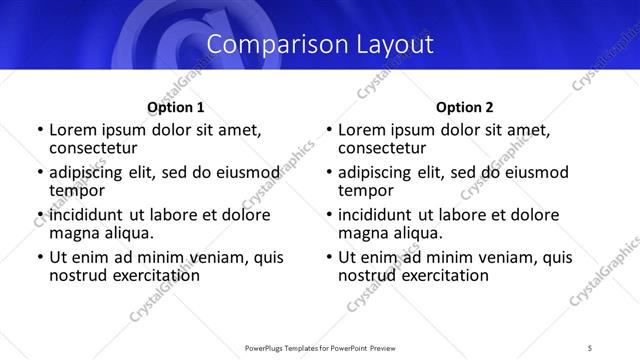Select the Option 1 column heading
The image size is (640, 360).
(x=176, y=107)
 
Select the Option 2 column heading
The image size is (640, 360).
(x=465, y=107)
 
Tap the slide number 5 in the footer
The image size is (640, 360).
(x=590, y=347)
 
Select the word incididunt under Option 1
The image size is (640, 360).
(x=86, y=214)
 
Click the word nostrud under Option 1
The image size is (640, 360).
(x=77, y=274)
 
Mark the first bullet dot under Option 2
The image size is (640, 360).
(x=328, y=130)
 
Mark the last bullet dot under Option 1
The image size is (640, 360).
(x=39, y=257)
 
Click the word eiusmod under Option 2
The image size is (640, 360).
(x=537, y=171)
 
